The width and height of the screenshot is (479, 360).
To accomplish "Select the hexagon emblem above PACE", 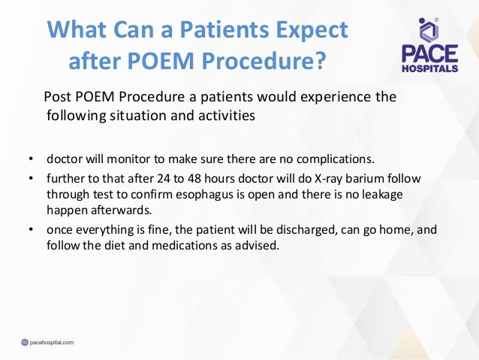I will click(x=427, y=30).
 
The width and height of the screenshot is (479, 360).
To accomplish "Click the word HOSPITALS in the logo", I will click(x=427, y=68).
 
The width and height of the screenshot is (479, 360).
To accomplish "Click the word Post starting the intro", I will click(x=58, y=98).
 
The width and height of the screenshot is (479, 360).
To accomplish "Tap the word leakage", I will click(x=372, y=195).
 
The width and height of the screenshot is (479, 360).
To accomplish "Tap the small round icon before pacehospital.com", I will click(x=25, y=342).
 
